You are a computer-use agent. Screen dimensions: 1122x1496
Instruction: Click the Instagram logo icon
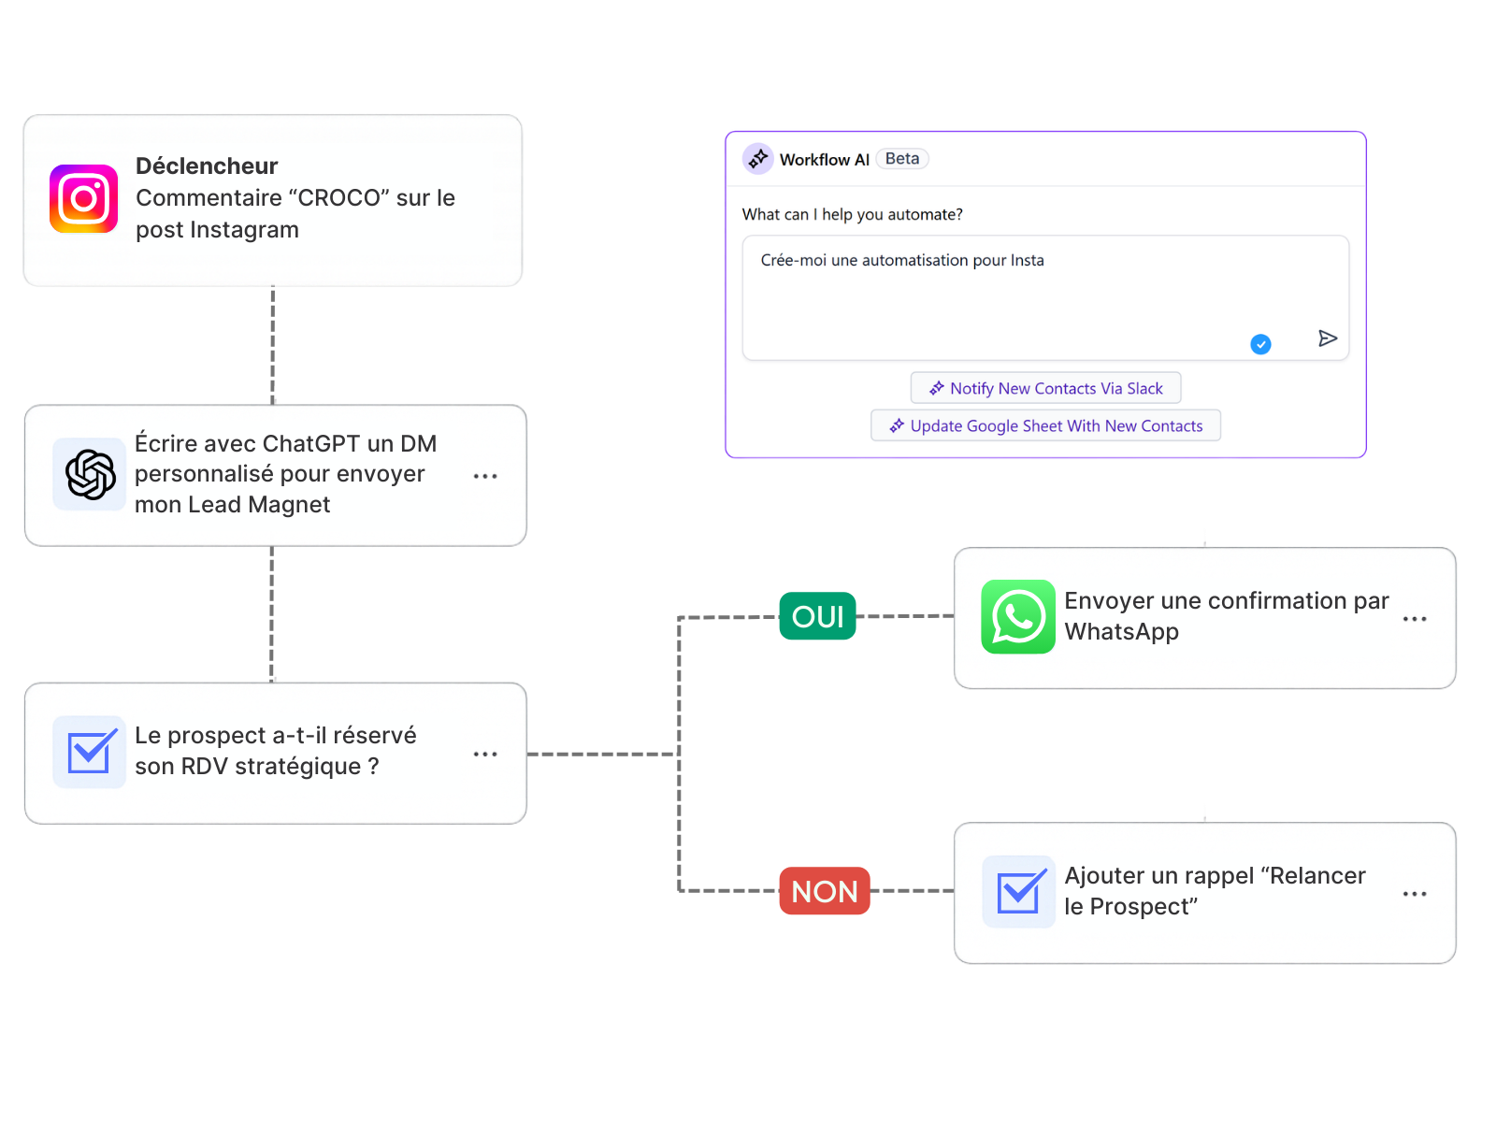pyautogui.click(x=83, y=198)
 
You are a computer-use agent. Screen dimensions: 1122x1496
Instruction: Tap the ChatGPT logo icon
pyautogui.click(x=90, y=474)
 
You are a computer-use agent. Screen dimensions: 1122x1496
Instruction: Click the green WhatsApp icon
pyautogui.click(x=1017, y=616)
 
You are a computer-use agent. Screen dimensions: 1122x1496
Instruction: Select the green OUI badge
pyautogui.click(x=817, y=616)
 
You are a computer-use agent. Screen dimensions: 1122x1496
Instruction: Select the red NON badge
pyautogui.click(x=824, y=891)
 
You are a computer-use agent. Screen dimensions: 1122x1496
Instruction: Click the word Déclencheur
pyautogui.click(x=207, y=165)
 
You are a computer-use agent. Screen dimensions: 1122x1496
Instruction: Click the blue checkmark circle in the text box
pyautogui.click(x=1260, y=344)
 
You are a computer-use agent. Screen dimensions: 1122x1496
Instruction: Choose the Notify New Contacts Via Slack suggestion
pyautogui.click(x=1045, y=388)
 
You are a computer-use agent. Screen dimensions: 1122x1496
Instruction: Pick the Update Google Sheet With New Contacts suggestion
pyautogui.click(x=1045, y=425)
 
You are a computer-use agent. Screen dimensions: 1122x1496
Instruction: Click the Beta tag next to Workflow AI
pyautogui.click(x=901, y=159)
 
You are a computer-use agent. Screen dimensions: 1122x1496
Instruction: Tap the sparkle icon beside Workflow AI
pyautogui.click(x=757, y=159)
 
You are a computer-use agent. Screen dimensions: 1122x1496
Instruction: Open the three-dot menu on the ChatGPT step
pyautogui.click(x=484, y=476)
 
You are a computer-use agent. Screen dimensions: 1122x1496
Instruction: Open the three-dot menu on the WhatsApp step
pyautogui.click(x=1414, y=619)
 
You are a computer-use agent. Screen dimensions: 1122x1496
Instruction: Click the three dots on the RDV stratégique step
pyautogui.click(x=484, y=754)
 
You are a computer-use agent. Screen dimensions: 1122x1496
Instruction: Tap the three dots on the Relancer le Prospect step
pyautogui.click(x=1414, y=894)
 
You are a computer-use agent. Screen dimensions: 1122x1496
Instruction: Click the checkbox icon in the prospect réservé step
pyautogui.click(x=90, y=752)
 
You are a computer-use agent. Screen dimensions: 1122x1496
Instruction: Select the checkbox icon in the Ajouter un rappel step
pyautogui.click(x=1018, y=891)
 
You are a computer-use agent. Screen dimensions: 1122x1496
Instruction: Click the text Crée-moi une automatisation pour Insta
pyautogui.click(x=901, y=260)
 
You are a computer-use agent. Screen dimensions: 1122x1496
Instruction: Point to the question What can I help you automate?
pyautogui.click(x=852, y=214)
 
